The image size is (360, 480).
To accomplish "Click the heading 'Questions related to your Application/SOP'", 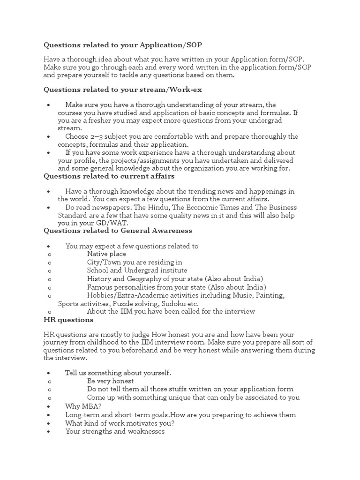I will [x=124, y=45].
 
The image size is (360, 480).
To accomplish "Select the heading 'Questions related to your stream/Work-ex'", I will [x=123, y=89].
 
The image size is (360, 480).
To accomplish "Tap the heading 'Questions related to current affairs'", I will [x=109, y=176].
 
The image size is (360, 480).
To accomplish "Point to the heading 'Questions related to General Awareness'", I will [x=118, y=230].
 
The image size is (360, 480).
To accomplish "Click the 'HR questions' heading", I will [x=68, y=320].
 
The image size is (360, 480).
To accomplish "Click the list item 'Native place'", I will [x=106, y=254].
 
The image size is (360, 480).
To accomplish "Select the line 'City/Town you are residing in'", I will [x=135, y=262].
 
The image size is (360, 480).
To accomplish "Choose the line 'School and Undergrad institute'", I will [x=137, y=270].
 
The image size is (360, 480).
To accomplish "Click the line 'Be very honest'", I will [x=110, y=381].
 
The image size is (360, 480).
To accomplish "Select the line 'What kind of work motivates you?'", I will [x=120, y=423].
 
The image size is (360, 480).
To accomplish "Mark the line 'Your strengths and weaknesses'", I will [x=115, y=431].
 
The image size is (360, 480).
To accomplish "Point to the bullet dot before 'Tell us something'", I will [x=49, y=373].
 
